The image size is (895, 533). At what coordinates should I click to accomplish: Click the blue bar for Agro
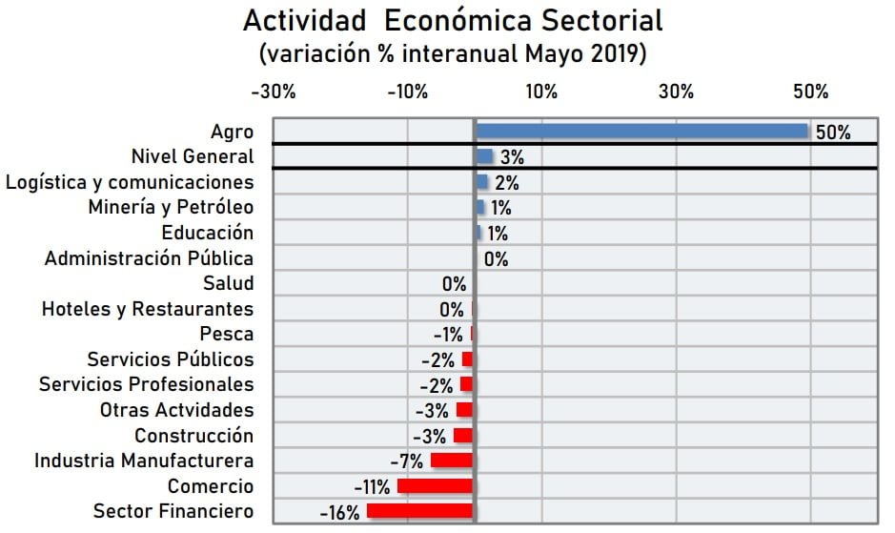pyautogui.click(x=641, y=132)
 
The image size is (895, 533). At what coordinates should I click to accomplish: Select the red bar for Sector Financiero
pyautogui.click(x=420, y=511)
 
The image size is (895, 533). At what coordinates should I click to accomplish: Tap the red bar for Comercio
pyautogui.click(x=436, y=486)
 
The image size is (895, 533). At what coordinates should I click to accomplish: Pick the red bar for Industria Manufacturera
pyautogui.click(x=452, y=461)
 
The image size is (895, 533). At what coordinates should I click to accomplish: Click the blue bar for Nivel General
pyautogui.click(x=484, y=156)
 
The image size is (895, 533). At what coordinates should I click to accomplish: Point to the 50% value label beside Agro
pyautogui.click(x=832, y=133)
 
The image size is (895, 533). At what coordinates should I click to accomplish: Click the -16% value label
pyautogui.click(x=340, y=512)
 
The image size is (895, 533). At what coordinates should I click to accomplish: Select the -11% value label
pyautogui.click(x=372, y=487)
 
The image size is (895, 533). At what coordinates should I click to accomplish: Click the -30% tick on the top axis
pyautogui.click(x=273, y=92)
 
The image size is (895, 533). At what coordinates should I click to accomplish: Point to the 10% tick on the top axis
pyautogui.click(x=541, y=92)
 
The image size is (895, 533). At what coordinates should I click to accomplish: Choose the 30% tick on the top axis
pyautogui.click(x=676, y=92)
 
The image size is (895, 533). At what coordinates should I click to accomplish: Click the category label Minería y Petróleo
pyautogui.click(x=172, y=207)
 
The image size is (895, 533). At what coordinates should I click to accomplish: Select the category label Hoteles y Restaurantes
pyautogui.click(x=148, y=309)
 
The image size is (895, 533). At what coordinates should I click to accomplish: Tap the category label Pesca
pyautogui.click(x=227, y=334)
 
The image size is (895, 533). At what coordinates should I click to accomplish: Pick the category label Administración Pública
pyautogui.click(x=150, y=258)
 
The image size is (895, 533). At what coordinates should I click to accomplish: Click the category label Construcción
pyautogui.click(x=194, y=436)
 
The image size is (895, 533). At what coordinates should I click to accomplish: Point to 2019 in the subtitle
pyautogui.click(x=620, y=54)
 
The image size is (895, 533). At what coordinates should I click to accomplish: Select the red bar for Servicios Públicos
pyautogui.click(x=467, y=359)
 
